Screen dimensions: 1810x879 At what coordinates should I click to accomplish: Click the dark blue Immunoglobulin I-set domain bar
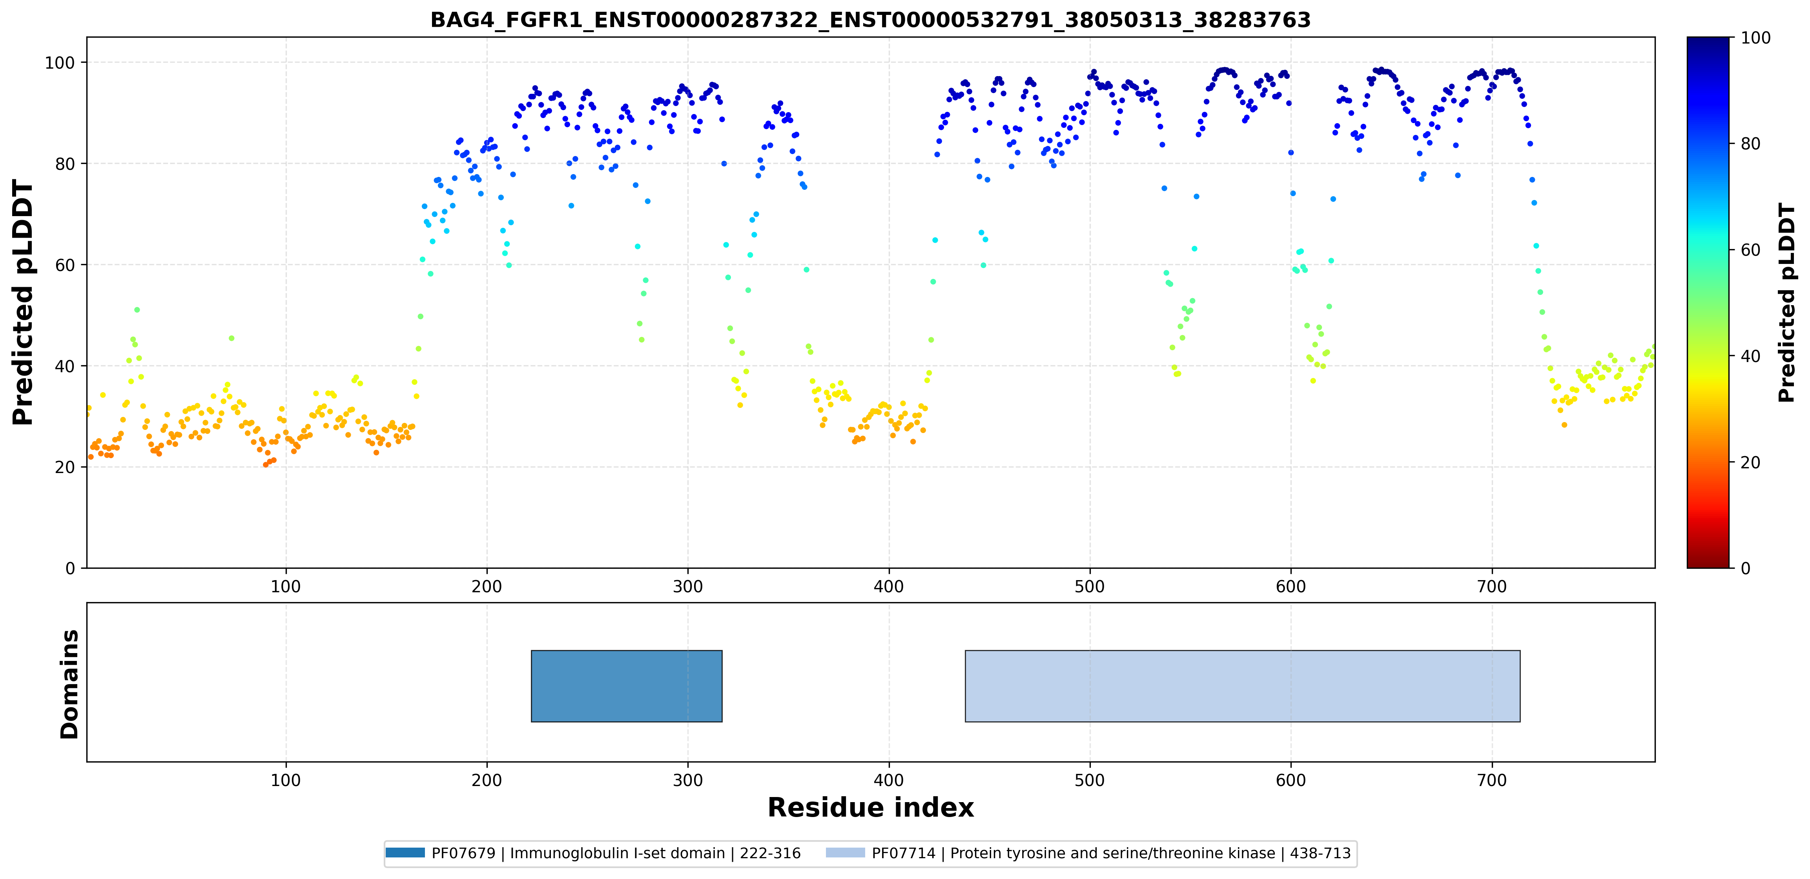(627, 686)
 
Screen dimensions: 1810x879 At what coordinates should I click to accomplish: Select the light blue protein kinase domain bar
(1242, 686)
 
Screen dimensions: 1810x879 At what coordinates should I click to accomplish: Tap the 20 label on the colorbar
(1750, 462)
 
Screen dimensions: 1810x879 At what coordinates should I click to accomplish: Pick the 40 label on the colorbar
(1750, 356)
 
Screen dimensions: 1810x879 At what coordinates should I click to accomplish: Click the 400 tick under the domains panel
(889, 780)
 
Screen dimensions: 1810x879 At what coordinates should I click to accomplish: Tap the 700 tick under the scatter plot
(1492, 586)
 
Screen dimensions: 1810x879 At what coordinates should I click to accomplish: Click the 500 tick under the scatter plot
(1090, 586)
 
